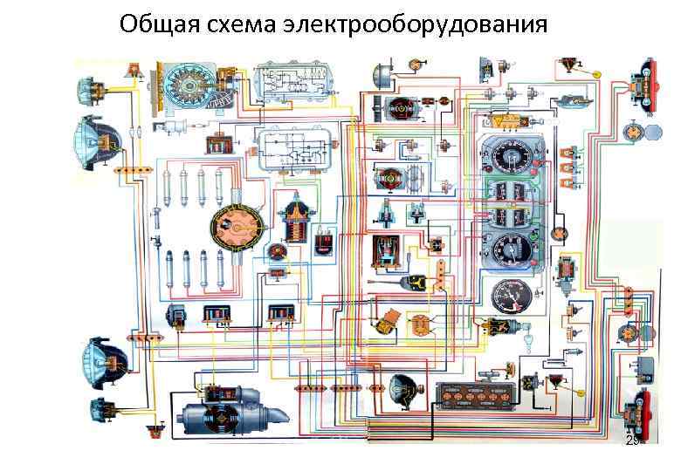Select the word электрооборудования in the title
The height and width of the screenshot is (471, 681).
416,24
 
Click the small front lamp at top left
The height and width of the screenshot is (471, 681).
91,86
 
